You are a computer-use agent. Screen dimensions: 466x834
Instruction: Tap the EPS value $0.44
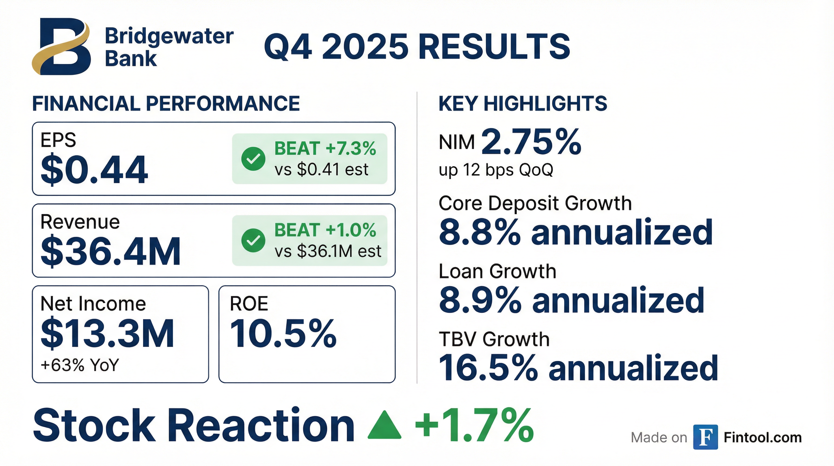pyautogui.click(x=94, y=170)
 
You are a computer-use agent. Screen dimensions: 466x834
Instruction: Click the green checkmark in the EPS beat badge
pyautogui.click(x=253, y=158)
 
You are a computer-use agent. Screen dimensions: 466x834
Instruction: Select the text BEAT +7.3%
pyautogui.click(x=325, y=148)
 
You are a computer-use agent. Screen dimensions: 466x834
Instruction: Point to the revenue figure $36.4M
pyautogui.click(x=110, y=251)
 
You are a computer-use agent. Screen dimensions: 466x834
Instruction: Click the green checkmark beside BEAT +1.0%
pyautogui.click(x=253, y=240)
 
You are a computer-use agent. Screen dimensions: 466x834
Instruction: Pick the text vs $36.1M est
pyautogui.click(x=328, y=251)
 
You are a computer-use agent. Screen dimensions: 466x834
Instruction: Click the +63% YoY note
pyautogui.click(x=80, y=365)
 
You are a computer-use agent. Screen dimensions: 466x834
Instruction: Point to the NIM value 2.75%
pyautogui.click(x=531, y=142)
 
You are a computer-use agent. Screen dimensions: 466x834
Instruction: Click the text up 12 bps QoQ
pyautogui.click(x=496, y=170)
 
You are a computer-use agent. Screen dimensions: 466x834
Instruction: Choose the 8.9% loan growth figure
pyautogui.click(x=480, y=300)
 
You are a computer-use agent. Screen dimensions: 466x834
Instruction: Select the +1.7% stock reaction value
pyautogui.click(x=474, y=425)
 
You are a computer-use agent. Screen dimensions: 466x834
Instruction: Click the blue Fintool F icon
pyautogui.click(x=706, y=437)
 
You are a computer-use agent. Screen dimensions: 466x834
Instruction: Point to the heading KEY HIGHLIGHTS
pyautogui.click(x=522, y=104)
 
